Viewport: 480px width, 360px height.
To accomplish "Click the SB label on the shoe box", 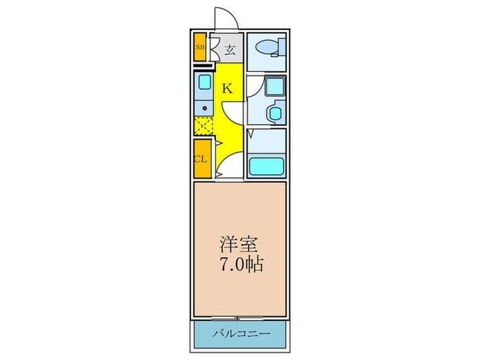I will (200, 47).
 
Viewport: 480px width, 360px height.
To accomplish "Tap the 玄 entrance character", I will (230, 49).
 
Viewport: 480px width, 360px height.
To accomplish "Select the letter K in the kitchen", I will (227, 88).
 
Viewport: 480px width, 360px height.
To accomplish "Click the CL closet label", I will (200, 158).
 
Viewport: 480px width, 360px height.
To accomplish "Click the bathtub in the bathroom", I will (266, 166).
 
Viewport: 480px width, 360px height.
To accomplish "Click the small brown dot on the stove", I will (204, 107).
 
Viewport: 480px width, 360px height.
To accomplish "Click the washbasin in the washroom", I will (276, 112).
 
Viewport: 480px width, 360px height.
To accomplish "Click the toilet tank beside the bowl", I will (277, 48).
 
